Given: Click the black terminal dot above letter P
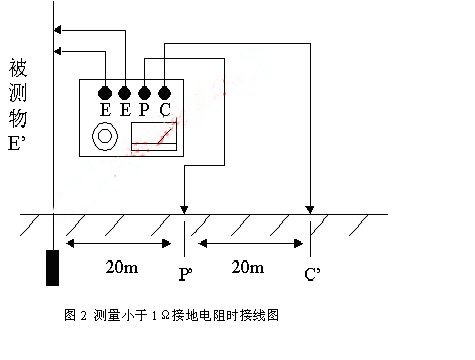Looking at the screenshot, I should click(x=144, y=94).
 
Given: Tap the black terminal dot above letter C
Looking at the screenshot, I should click(x=165, y=94).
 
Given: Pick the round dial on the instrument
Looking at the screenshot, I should click(x=104, y=137).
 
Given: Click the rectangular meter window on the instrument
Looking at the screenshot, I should click(x=154, y=137).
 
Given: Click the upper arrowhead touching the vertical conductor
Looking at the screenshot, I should click(x=58, y=29).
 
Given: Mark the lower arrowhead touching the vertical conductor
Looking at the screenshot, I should click(x=58, y=51).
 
